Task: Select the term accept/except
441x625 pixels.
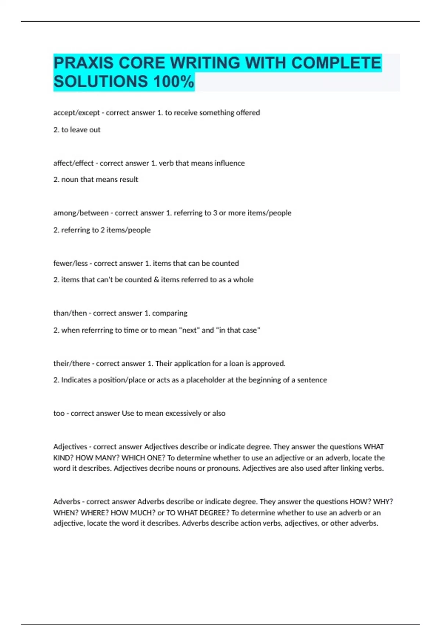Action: click(76, 113)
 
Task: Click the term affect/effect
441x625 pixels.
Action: click(73, 163)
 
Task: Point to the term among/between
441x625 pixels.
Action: click(81, 213)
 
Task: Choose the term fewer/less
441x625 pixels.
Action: click(71, 263)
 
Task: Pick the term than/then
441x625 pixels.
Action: click(70, 313)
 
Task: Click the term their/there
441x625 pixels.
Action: click(72, 364)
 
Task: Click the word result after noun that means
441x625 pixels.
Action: click(128, 180)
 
